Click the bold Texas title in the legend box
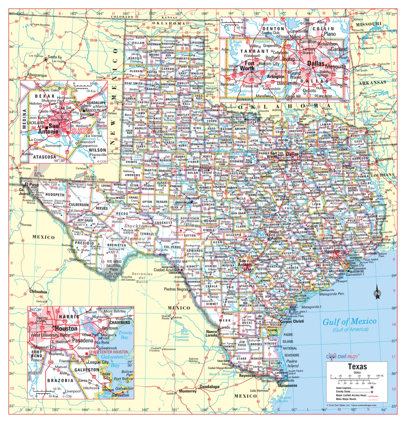coord(357,366)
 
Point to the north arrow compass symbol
coord(377,294)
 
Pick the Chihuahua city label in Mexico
coord(38,292)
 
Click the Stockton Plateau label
coord(136,233)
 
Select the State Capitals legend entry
coord(351,387)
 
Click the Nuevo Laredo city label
coord(212,334)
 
